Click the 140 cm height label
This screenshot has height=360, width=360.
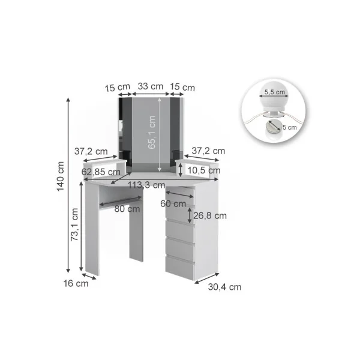click(61, 176)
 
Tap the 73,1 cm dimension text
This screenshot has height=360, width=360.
click(74, 224)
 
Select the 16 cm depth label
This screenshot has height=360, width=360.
click(76, 284)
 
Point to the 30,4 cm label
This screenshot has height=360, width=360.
click(224, 287)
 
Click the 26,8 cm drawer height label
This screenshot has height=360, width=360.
click(210, 216)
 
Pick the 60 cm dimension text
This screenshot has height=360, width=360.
click(173, 203)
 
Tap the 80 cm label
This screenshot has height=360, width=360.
click(127, 209)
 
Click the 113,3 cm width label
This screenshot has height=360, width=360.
click(146, 185)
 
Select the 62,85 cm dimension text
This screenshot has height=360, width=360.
click(101, 172)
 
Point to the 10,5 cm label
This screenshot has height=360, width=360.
click(204, 170)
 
